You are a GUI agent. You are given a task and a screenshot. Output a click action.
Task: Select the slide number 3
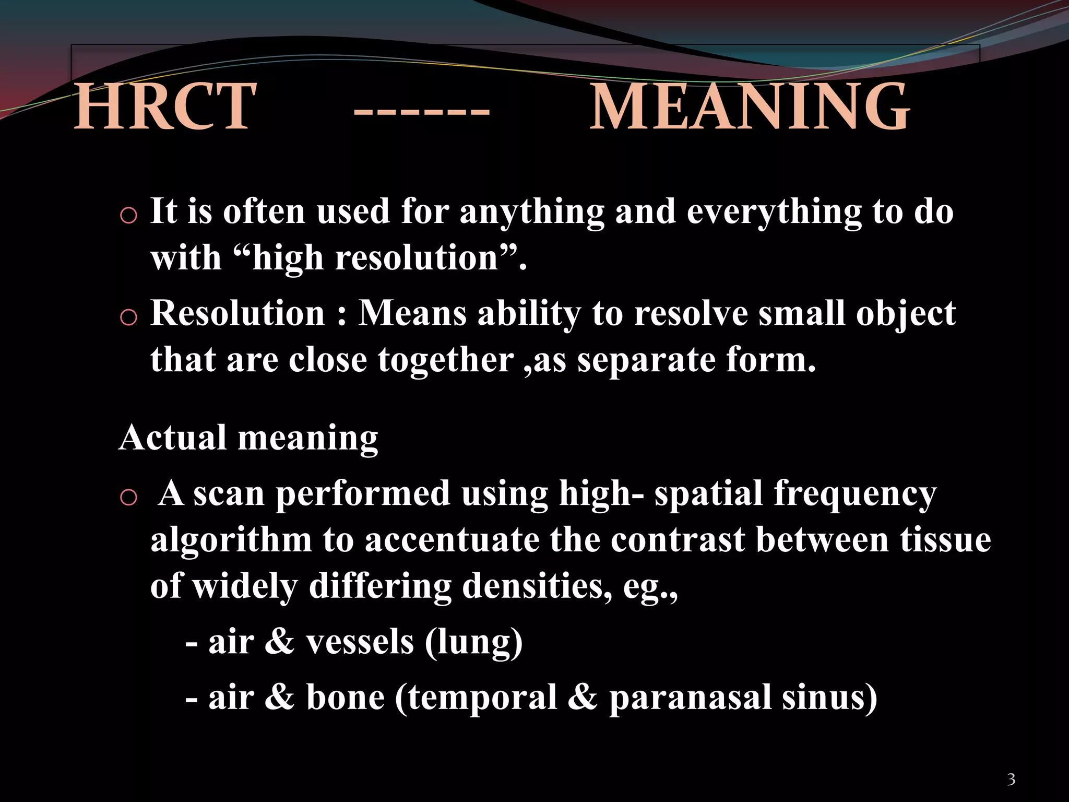pyautogui.click(x=1011, y=780)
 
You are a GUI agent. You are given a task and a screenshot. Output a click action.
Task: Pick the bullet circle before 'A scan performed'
pyautogui.click(x=128, y=497)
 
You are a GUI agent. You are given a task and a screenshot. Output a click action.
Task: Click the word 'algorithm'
pyautogui.click(x=231, y=540)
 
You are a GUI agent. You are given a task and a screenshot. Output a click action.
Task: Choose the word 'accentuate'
pyautogui.click(x=452, y=540)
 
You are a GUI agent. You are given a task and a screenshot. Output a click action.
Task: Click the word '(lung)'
pyautogui.click(x=473, y=642)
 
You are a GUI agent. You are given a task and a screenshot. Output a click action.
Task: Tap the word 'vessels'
pyautogui.click(x=360, y=642)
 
